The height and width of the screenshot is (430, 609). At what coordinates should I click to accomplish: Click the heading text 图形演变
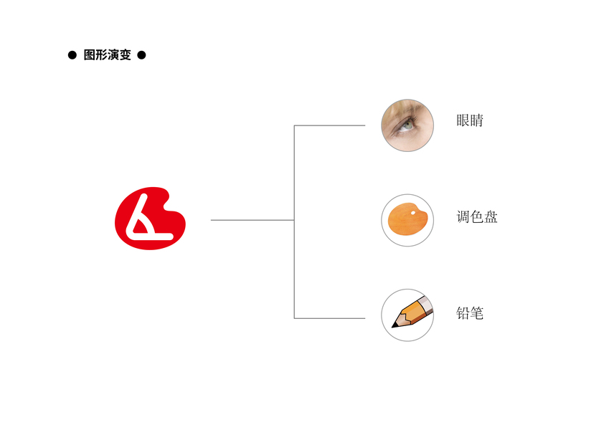[x=108, y=55]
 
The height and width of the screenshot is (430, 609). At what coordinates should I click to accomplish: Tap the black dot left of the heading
[x=72, y=55]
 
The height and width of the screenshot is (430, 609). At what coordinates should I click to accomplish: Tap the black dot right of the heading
[x=141, y=55]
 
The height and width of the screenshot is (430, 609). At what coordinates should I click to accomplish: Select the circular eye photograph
[x=407, y=125]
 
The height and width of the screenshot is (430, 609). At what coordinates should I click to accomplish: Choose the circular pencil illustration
[x=407, y=315]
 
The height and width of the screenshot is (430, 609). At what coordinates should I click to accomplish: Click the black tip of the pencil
[x=394, y=326]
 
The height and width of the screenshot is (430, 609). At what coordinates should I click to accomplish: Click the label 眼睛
[x=470, y=120]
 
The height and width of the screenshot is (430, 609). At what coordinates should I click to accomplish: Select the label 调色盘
[x=477, y=216]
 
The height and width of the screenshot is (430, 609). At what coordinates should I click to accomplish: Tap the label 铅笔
[x=470, y=313]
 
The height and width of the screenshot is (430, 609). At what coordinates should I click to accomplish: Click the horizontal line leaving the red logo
[x=251, y=220]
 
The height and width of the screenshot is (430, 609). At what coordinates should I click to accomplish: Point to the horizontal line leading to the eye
[x=330, y=125]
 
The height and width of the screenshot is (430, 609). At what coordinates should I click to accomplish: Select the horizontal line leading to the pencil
[x=330, y=318]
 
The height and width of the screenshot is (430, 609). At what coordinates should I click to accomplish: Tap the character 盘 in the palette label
[x=491, y=216]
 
